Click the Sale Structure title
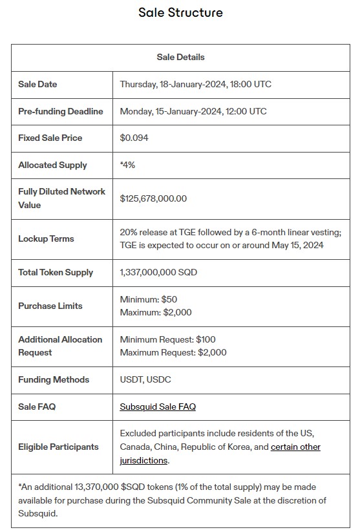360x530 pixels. (x=180, y=12)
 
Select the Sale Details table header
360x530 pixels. (x=180, y=57)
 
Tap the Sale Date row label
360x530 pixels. (x=37, y=84)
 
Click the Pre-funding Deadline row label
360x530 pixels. (x=61, y=111)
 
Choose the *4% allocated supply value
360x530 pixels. (x=127, y=165)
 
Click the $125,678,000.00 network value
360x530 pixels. (x=153, y=198)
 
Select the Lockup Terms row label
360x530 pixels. (x=46, y=238)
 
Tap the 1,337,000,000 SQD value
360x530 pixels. (x=158, y=272)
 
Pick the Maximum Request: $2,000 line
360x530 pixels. (x=173, y=352)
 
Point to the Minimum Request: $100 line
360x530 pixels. (x=168, y=339)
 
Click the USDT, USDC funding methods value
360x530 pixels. (x=145, y=379)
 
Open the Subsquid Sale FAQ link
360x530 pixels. (x=158, y=407)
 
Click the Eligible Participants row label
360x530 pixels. (x=58, y=447)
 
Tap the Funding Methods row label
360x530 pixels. (x=54, y=379)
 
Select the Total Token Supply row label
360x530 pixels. (x=56, y=272)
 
